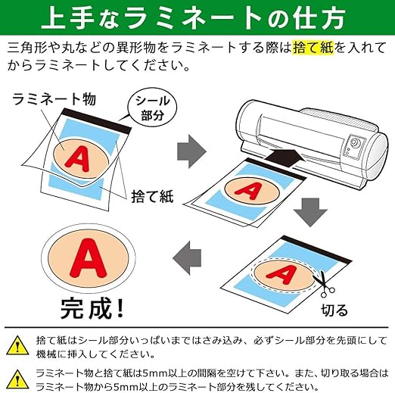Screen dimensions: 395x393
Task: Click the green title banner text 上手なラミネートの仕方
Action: point(193,18)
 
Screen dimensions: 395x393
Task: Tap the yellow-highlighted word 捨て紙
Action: point(313,48)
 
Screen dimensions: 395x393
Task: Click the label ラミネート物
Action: point(54,99)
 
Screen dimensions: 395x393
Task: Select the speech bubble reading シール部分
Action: point(152,108)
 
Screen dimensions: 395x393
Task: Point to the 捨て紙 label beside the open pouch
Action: point(152,196)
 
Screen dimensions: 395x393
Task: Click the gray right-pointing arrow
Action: point(191,151)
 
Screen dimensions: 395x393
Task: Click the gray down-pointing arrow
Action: point(310,212)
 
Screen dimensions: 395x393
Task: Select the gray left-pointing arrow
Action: point(187,258)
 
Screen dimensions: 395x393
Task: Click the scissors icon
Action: point(324,284)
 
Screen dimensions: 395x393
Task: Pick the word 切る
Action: point(334,310)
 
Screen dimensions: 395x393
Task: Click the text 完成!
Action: point(92,308)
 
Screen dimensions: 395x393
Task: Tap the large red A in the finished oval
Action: point(89,258)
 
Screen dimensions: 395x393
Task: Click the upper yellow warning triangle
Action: point(17,345)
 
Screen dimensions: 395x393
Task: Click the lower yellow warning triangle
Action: point(17,379)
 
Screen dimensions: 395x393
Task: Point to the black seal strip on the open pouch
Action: point(97,121)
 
